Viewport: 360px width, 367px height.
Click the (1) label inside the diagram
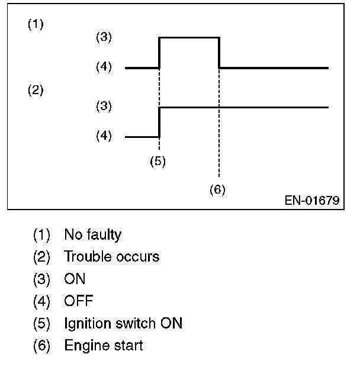pyautogui.click(x=36, y=25)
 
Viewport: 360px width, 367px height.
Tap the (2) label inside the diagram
pyautogui.click(x=36, y=91)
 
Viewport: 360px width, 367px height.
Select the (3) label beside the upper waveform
pyautogui.click(x=104, y=37)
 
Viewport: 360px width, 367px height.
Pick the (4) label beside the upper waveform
pyautogui.click(x=104, y=67)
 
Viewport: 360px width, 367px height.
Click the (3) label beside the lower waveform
pyautogui.click(x=104, y=107)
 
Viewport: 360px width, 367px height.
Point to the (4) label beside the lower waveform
pyautogui.click(x=104, y=136)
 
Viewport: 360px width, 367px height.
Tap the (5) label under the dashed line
pyautogui.click(x=157, y=162)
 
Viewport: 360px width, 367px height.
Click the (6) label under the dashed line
pyautogui.click(x=217, y=190)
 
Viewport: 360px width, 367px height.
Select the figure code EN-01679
pyautogui.click(x=311, y=201)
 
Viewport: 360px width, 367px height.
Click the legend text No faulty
pyautogui.click(x=92, y=235)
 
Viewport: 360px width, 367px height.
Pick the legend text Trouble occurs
pyautogui.click(x=111, y=257)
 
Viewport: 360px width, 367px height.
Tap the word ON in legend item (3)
pyautogui.click(x=75, y=279)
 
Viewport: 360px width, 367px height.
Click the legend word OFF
pyautogui.click(x=79, y=301)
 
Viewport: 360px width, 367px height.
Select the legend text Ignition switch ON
pyautogui.click(x=123, y=323)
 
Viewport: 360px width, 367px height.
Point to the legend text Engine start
pyautogui.click(x=104, y=345)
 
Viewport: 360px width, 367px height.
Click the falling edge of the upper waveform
pyautogui.click(x=220, y=53)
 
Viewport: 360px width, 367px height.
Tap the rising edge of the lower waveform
pyautogui.click(x=160, y=121)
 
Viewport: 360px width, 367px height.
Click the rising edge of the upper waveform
pyautogui.click(x=160, y=53)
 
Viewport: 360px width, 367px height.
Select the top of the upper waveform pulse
pyautogui.click(x=189, y=37)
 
